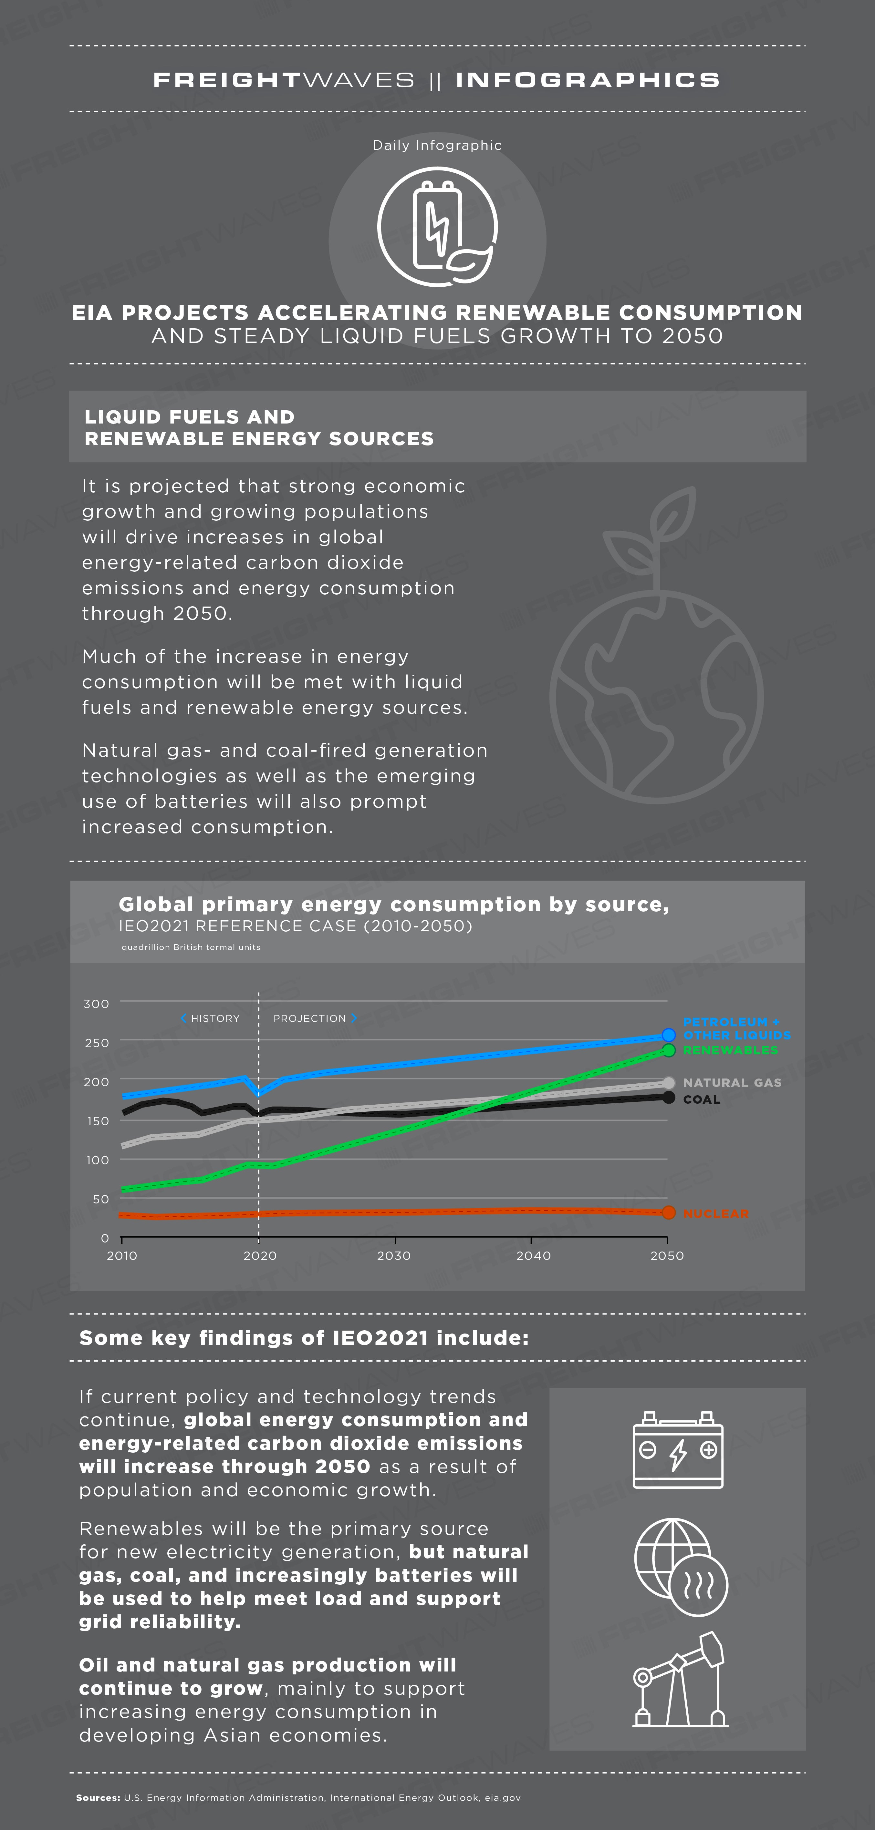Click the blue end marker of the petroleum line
click(x=668, y=1035)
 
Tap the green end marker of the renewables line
click(x=668, y=1050)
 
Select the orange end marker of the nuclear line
click(x=668, y=1213)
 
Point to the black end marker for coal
click(x=668, y=1098)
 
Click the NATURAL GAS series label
click(x=732, y=1083)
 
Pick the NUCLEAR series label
click(x=716, y=1214)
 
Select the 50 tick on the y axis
click(x=101, y=1199)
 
